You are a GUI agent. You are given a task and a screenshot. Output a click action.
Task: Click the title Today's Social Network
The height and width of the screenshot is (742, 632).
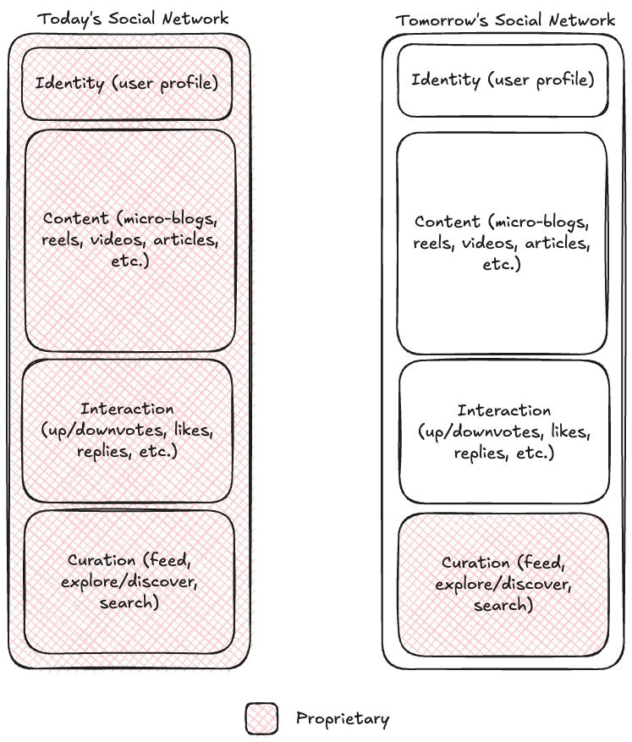click(133, 18)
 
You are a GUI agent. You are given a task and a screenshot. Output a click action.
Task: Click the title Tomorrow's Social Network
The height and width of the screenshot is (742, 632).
click(505, 19)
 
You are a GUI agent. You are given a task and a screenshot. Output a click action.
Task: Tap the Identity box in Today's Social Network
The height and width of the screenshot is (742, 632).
click(127, 83)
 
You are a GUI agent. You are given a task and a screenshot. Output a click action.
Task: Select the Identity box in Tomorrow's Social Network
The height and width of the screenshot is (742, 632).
click(503, 80)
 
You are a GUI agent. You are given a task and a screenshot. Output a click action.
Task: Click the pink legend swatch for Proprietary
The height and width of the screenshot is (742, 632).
click(261, 719)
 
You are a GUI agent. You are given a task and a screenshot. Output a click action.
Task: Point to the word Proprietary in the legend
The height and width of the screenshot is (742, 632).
click(343, 719)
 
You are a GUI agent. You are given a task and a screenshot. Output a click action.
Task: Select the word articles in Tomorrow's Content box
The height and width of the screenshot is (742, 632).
click(555, 243)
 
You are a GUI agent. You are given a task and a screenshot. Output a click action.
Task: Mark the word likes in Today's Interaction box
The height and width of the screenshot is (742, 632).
click(198, 430)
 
